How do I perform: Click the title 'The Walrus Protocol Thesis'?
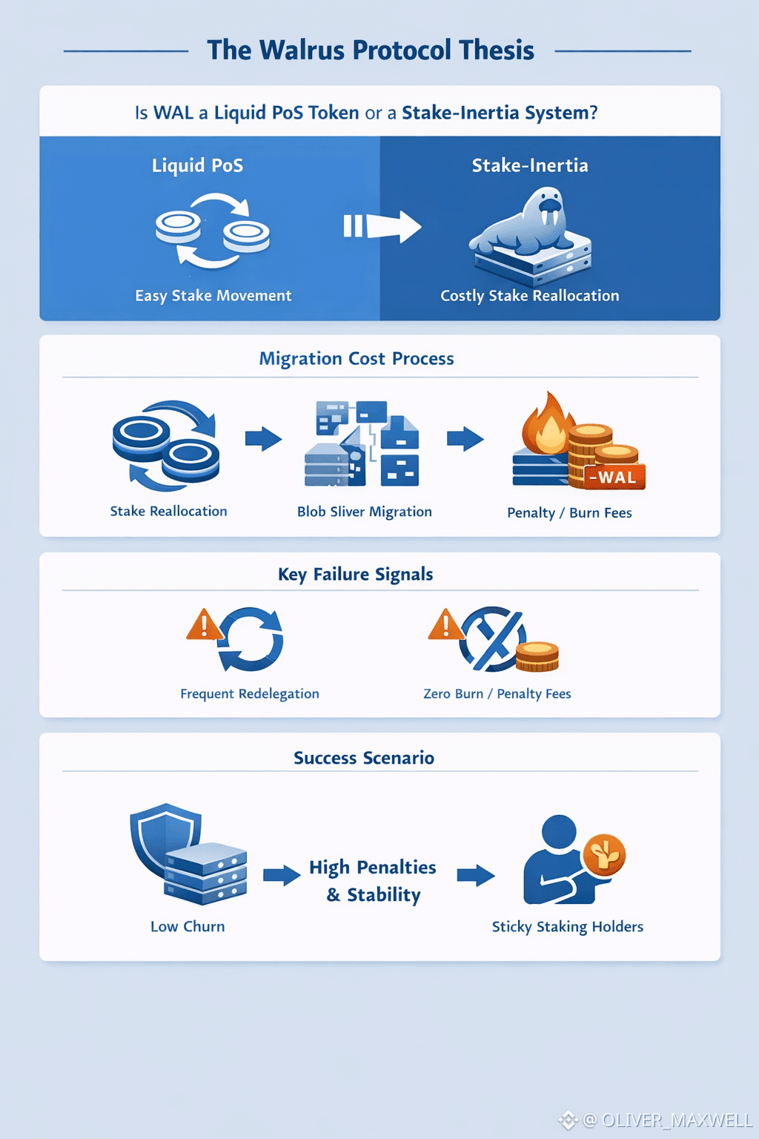371,50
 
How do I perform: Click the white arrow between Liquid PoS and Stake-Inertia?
382,225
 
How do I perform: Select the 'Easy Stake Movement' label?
213,296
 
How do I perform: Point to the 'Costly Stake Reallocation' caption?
529,296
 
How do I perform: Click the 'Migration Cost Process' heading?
357,359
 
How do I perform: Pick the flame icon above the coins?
547,424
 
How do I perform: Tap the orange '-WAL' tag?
614,477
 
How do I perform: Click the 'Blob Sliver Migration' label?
364,512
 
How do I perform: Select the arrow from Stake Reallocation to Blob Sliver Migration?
263,439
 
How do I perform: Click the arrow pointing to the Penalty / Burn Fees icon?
465,439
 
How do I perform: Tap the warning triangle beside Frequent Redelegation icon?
204,625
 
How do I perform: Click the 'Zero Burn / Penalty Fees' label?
497,694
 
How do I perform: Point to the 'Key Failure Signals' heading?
356,575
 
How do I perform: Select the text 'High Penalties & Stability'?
373,881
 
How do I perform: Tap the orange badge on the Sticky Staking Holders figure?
604,854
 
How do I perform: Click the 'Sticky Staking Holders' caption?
568,927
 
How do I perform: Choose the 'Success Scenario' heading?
364,758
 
